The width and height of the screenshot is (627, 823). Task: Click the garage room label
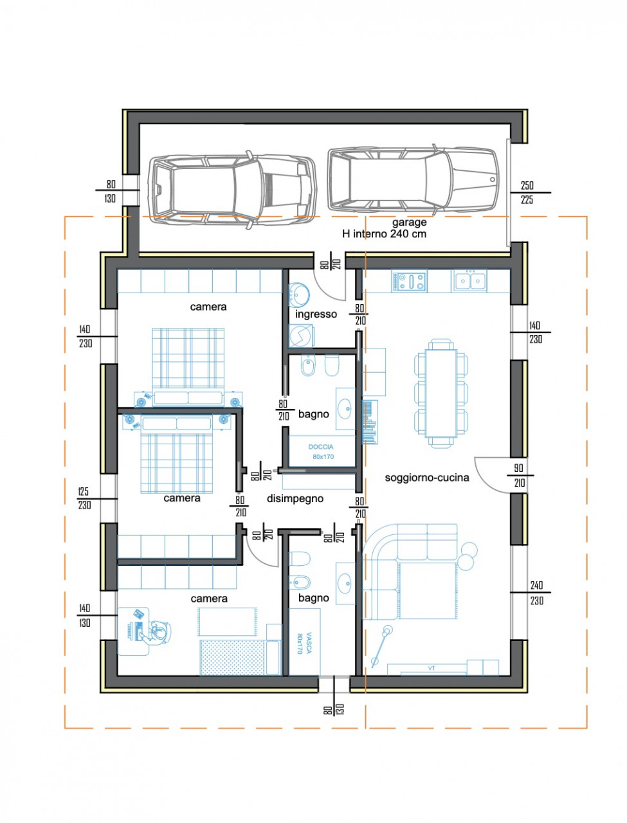point(410,222)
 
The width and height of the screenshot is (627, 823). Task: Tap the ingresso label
point(316,314)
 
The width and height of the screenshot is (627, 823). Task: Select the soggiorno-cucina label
point(427,478)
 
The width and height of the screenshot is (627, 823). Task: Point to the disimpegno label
point(295,499)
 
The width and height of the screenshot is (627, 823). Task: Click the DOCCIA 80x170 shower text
point(322,452)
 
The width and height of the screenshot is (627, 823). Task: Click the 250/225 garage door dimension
point(527,192)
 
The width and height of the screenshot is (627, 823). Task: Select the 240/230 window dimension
point(536,593)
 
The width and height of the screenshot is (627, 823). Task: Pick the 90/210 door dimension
point(520,475)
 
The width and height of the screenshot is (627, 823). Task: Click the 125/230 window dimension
point(85,499)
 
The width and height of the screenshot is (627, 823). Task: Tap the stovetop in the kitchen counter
point(410,281)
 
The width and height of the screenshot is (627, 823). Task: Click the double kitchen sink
point(469,280)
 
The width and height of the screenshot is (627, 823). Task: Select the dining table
point(441,393)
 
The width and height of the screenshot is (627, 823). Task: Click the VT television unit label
point(432,668)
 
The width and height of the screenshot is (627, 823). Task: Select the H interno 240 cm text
point(384,234)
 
